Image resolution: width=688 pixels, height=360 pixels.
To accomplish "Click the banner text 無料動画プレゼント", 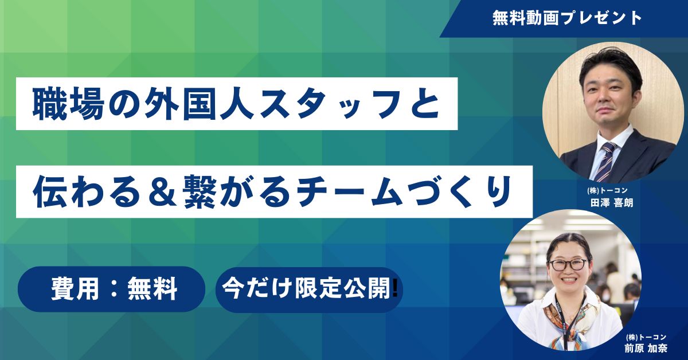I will click(567, 18).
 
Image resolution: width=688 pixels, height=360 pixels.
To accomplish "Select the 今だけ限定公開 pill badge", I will click(308, 289).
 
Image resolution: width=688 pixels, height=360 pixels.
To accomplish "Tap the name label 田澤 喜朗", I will click(611, 202).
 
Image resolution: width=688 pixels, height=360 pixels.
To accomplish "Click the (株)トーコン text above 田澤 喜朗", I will click(611, 190).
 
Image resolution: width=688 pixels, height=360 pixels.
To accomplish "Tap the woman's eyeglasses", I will click(568, 264).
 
